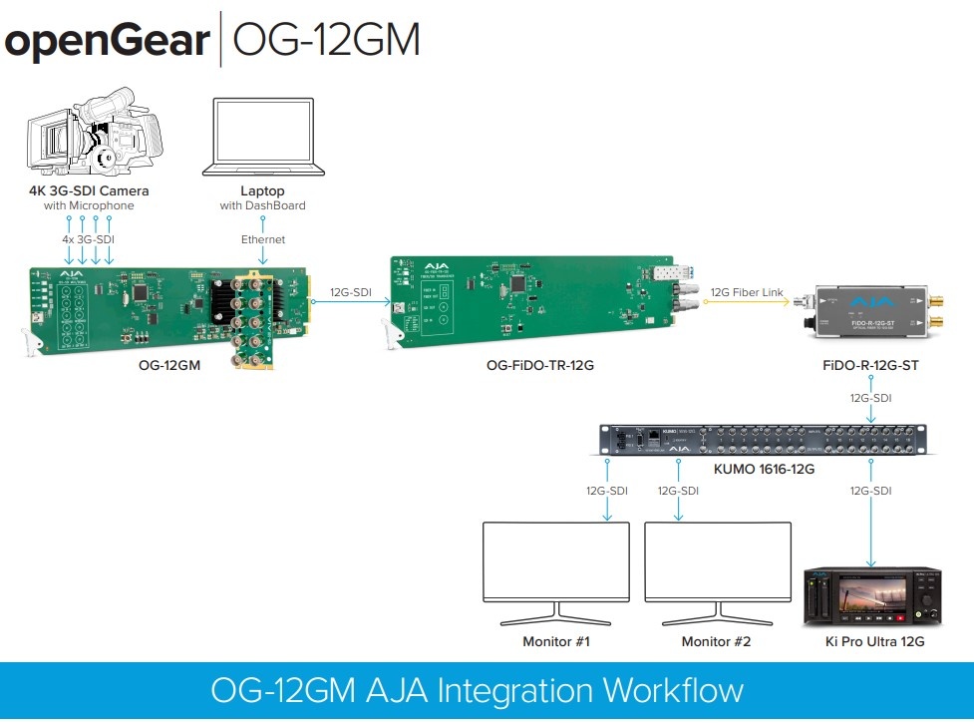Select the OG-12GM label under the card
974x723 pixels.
coord(169,366)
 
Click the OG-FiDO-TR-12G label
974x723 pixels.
coord(539,366)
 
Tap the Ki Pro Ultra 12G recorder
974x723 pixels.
coord(873,596)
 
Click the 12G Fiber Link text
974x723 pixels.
coord(749,291)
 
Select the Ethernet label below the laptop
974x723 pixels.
coord(262,239)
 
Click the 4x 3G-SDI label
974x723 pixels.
coord(89,239)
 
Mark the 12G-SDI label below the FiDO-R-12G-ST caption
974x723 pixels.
coord(870,397)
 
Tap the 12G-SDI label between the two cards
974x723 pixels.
coord(352,291)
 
